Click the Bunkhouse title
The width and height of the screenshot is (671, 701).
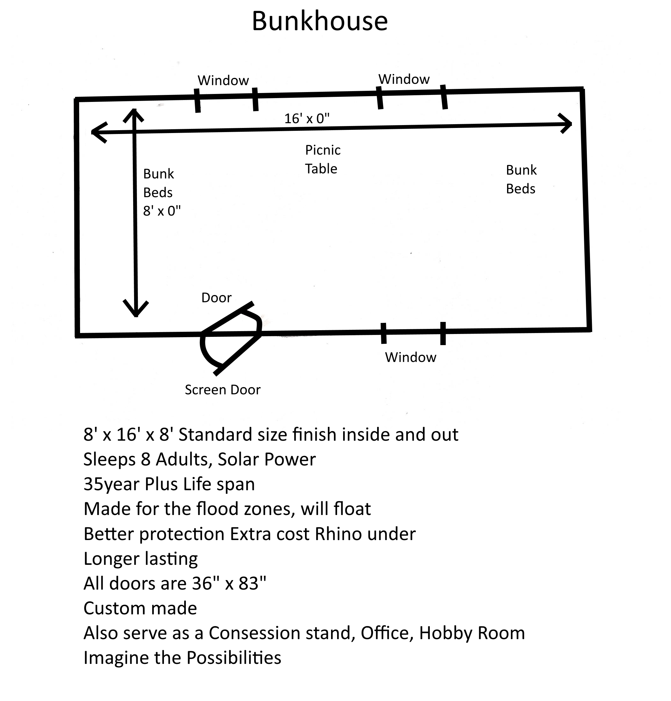click(319, 22)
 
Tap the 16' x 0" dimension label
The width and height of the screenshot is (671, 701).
click(307, 119)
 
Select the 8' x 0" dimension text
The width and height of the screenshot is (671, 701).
click(162, 211)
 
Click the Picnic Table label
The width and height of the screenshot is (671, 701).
click(322, 159)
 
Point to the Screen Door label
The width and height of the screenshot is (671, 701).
click(222, 390)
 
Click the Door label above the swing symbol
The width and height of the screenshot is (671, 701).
click(216, 298)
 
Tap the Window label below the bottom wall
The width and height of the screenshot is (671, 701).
click(410, 357)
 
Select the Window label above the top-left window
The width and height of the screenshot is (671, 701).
click(223, 81)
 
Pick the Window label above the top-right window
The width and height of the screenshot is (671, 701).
click(404, 79)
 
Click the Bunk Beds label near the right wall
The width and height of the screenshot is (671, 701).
click(521, 179)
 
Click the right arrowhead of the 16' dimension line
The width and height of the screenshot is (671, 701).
click(567, 124)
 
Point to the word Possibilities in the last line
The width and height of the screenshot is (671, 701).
click(234, 658)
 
